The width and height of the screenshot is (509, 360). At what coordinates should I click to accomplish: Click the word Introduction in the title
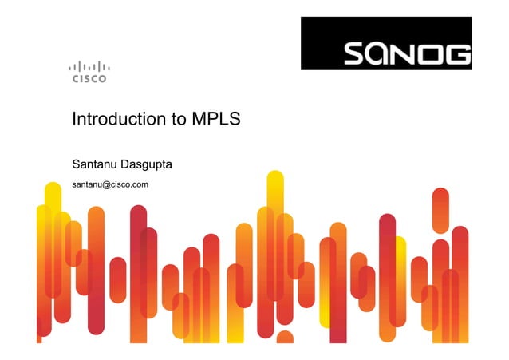pyautogui.click(x=119, y=121)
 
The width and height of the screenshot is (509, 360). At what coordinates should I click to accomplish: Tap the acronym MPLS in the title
pyautogui.click(x=216, y=121)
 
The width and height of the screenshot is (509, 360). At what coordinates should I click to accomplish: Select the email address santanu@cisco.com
pyautogui.click(x=111, y=185)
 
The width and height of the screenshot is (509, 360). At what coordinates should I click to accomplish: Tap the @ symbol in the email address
pyautogui.click(x=105, y=185)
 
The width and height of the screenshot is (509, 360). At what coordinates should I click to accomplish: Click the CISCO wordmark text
pyautogui.click(x=89, y=79)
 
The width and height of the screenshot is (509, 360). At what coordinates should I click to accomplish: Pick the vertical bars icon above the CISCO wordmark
pyautogui.click(x=89, y=66)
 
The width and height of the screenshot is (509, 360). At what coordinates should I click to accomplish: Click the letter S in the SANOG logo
pyautogui.click(x=356, y=54)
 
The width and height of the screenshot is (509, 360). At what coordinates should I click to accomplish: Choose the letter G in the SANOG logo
pyautogui.click(x=457, y=54)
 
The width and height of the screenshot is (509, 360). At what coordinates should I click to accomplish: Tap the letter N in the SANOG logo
pyautogui.click(x=407, y=54)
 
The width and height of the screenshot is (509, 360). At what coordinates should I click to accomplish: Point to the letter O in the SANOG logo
pyautogui.click(x=432, y=54)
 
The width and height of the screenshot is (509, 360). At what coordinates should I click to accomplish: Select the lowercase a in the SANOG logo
pyautogui.click(x=381, y=54)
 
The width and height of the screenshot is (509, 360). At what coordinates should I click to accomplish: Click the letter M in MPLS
pyautogui.click(x=199, y=121)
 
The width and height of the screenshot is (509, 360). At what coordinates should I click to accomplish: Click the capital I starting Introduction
pyautogui.click(x=74, y=121)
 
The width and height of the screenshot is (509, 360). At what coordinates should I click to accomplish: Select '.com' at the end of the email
pyautogui.click(x=140, y=185)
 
